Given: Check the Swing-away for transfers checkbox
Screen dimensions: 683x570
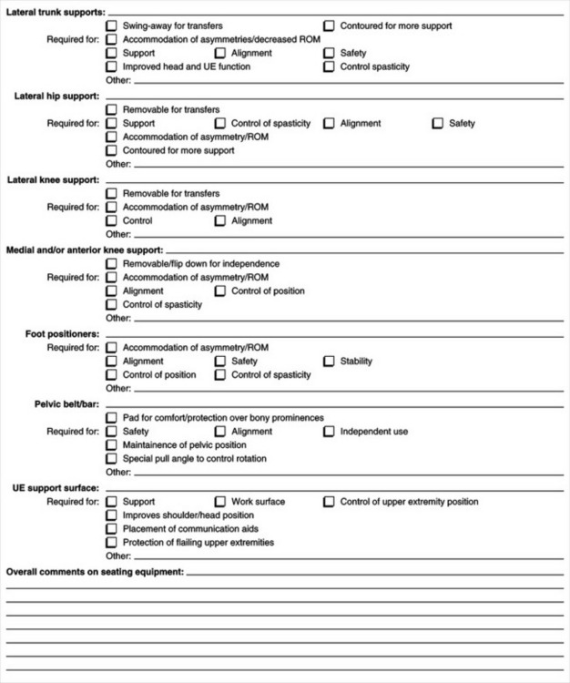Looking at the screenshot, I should (111, 26).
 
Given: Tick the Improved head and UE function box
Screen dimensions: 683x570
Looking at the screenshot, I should (111, 66).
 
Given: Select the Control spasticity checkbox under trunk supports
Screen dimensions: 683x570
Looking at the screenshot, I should (329, 66).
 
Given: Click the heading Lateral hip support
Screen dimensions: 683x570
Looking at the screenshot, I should (54, 96).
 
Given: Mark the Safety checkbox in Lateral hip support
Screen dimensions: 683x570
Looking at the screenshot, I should (437, 123).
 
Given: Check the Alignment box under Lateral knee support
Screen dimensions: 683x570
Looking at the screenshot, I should (220, 220).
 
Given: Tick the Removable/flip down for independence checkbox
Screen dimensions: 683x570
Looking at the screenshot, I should (111, 264).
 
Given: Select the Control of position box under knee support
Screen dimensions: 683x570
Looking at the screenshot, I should (220, 291).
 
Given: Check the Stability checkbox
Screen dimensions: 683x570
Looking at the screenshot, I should (329, 362).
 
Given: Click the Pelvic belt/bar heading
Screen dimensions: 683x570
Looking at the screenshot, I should (65, 404).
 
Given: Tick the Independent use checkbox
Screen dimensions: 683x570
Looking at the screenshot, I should (329, 432).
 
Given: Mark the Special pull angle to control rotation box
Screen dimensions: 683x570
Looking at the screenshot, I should (111, 459).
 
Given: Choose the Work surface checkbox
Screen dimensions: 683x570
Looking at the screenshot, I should (220, 502).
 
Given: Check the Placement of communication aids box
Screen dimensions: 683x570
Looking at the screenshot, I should (111, 529).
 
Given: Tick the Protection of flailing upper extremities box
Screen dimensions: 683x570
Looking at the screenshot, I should (111, 543).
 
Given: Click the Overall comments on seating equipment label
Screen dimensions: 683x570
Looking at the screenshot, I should (95, 572).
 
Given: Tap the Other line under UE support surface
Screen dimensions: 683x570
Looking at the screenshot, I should (346, 557).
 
